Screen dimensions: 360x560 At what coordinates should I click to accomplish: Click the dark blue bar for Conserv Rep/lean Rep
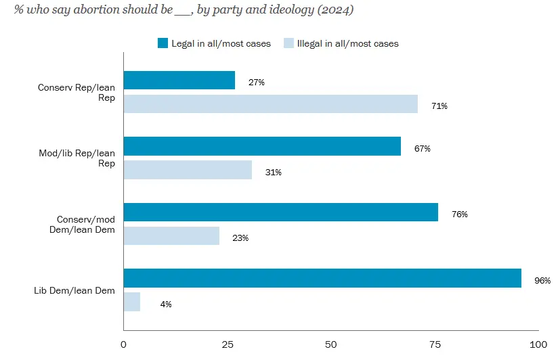[x=179, y=81]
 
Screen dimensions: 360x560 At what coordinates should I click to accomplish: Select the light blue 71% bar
[x=270, y=104]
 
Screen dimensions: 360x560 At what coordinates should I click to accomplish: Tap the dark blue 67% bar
[x=262, y=146]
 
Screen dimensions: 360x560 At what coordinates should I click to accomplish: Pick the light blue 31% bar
[x=188, y=170]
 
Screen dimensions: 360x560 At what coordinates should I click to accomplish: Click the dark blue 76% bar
[x=280, y=212]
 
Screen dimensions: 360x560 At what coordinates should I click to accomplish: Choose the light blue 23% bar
[x=171, y=235]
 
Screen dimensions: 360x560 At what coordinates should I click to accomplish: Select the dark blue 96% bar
[x=322, y=278]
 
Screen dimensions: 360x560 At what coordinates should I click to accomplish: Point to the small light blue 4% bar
[x=132, y=302]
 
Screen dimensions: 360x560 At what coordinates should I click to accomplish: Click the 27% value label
[x=256, y=83]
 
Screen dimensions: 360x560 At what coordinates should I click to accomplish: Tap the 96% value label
[x=542, y=280]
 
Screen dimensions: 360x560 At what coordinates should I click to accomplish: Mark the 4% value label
[x=166, y=305]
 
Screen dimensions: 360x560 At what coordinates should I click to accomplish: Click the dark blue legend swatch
[x=163, y=43]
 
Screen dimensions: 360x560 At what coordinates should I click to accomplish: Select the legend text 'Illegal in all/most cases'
[x=348, y=44]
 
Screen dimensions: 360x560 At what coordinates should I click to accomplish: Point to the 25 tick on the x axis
[x=228, y=344]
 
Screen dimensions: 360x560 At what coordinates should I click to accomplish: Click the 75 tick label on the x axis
[x=435, y=344]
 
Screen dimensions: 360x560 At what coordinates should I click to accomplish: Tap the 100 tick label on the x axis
[x=538, y=344]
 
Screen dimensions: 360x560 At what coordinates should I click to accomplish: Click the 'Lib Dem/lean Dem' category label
[x=74, y=291]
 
